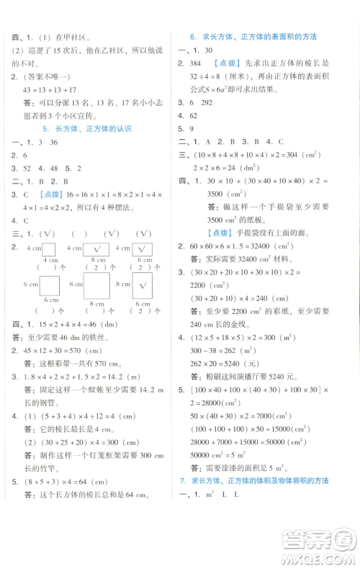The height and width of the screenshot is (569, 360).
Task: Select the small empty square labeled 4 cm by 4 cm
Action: [x=49, y=249]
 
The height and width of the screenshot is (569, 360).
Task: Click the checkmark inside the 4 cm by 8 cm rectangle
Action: [x=94, y=249]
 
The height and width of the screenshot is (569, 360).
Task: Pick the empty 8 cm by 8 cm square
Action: [x=96, y=285]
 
